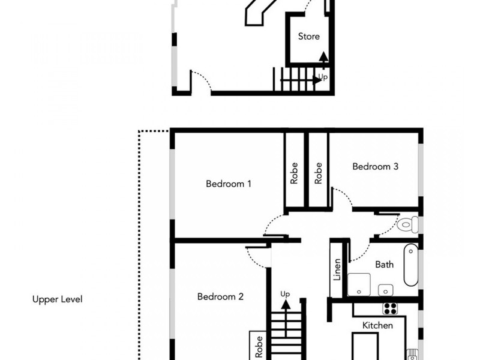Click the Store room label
[309, 37]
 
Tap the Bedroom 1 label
[229, 184]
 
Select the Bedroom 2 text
[220, 296]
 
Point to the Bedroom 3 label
[375, 167]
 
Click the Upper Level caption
[57, 299]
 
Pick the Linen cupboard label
[337, 269]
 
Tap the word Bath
[384, 265]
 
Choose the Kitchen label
[378, 325]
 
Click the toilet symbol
[408, 225]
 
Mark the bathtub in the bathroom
[411, 265]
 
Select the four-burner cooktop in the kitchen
[391, 308]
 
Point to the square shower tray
[359, 284]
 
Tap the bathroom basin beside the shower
[385, 290]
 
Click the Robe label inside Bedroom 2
[259, 346]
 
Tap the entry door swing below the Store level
[202, 83]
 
